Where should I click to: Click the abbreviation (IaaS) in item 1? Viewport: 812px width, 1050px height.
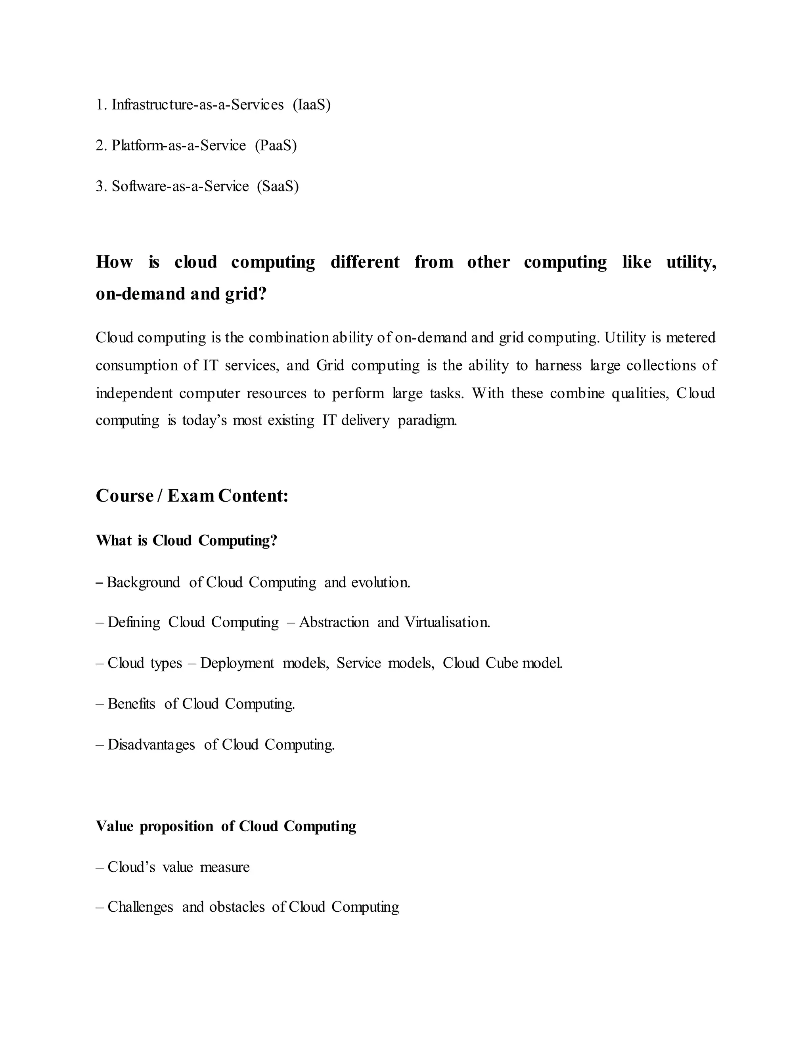pyautogui.click(x=311, y=105)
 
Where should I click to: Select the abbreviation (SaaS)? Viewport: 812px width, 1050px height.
pyautogui.click(x=278, y=186)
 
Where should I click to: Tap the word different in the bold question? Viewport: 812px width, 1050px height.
pyautogui.click(x=365, y=262)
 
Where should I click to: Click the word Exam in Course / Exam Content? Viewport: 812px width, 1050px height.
pyautogui.click(x=190, y=496)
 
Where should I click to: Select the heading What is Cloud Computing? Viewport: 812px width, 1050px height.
pyautogui.click(x=187, y=541)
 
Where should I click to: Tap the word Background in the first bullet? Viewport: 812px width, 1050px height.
pyautogui.click(x=144, y=583)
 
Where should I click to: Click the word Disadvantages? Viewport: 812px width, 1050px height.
pyautogui.click(x=151, y=745)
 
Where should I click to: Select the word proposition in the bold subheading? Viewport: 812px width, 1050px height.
pyautogui.click(x=176, y=827)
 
